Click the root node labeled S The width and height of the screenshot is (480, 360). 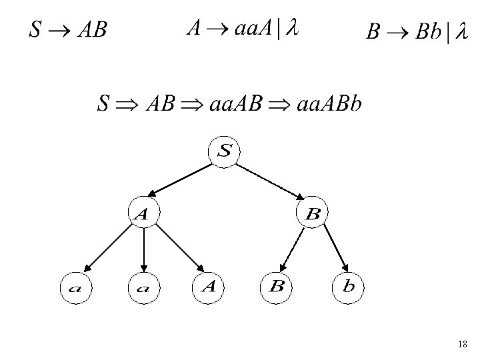[x=225, y=151]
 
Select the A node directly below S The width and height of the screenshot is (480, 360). [x=143, y=213]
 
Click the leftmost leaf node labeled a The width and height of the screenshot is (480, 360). [x=75, y=287]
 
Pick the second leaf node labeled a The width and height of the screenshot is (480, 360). [x=144, y=287]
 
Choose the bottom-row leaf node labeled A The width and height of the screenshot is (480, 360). [x=208, y=287]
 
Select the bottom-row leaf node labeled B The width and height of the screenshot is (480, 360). [x=277, y=287]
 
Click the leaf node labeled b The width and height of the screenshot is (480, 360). [x=349, y=287]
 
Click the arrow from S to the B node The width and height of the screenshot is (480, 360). [x=269, y=181]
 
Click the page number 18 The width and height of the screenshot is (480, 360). [x=463, y=345]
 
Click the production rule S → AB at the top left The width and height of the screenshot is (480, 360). [x=67, y=31]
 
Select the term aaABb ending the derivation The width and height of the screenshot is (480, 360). [x=330, y=104]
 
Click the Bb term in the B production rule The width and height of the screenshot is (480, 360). [x=428, y=32]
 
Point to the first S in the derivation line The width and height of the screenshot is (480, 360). [x=103, y=104]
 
